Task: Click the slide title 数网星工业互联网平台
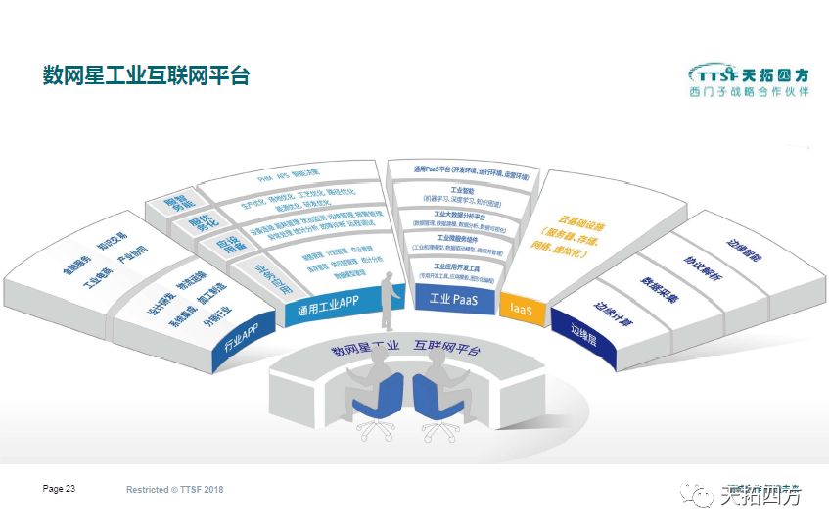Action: pos(147,75)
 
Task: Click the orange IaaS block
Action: pos(522,308)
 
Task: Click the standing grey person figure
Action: pos(390,302)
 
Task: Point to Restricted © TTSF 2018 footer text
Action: pos(175,489)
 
